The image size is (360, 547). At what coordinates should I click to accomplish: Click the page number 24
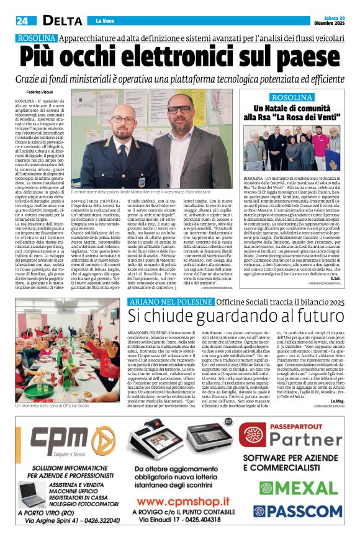[x=23, y=20]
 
